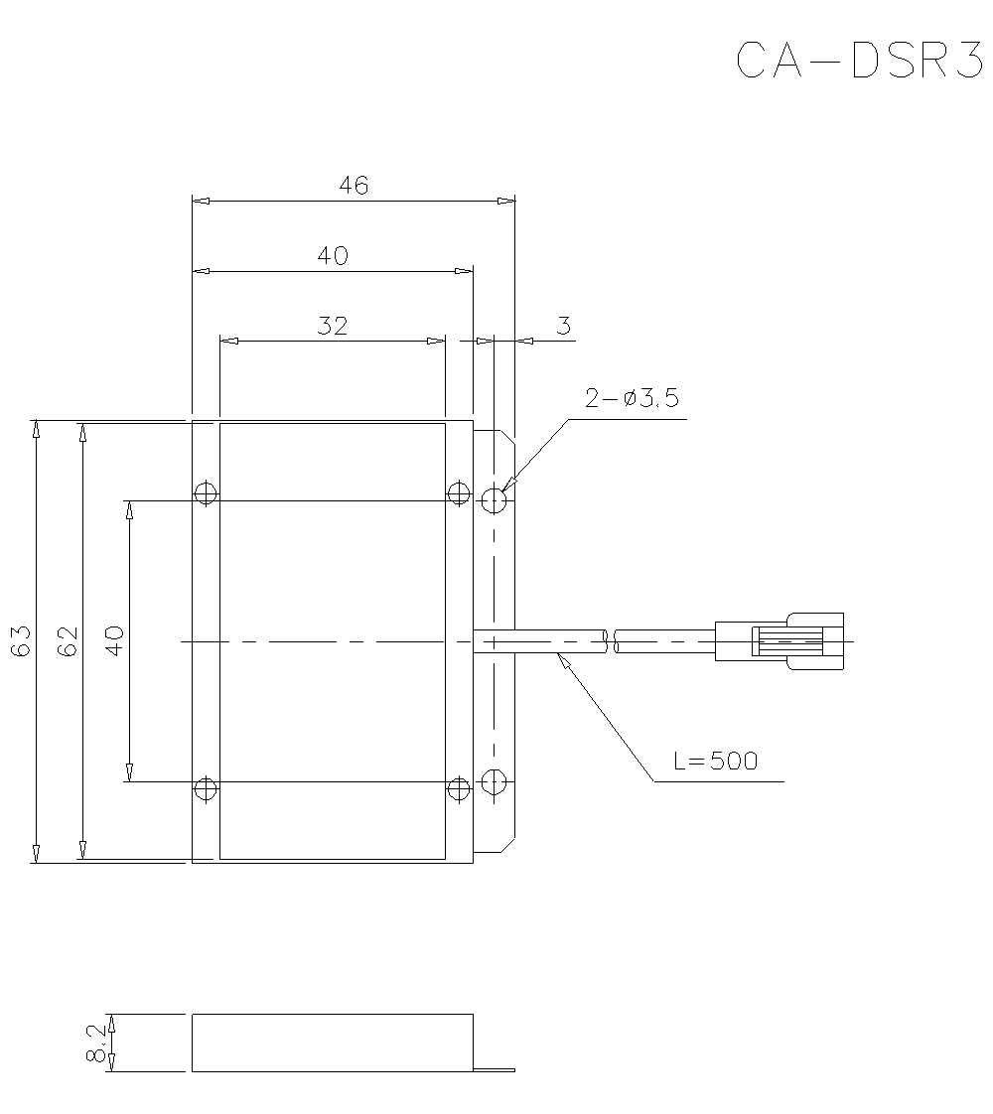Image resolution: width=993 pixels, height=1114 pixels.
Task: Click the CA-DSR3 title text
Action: click(x=858, y=61)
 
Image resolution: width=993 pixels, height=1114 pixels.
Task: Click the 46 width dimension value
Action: click(x=353, y=185)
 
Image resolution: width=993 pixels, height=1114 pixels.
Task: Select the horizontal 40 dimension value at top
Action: click(x=333, y=255)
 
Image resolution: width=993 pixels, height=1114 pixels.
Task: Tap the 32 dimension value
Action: click(x=333, y=326)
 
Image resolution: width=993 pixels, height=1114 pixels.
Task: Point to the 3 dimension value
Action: click(x=563, y=326)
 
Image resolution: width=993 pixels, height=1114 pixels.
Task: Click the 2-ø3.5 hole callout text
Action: click(x=632, y=399)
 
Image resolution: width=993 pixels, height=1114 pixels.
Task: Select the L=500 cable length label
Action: click(x=715, y=762)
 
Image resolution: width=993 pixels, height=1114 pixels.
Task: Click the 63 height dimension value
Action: click(x=21, y=641)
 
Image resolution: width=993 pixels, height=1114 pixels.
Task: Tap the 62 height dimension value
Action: click(x=68, y=641)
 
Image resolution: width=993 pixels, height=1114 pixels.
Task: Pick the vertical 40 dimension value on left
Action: click(x=114, y=640)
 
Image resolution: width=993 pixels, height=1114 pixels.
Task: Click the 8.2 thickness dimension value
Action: click(x=96, y=1044)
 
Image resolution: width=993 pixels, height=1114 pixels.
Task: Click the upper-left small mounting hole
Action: click(x=206, y=492)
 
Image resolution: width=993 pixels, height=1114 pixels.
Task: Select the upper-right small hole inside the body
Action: click(x=458, y=492)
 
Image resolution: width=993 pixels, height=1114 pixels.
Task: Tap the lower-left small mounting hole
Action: click(x=206, y=789)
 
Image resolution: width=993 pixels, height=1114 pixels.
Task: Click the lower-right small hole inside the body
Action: click(x=458, y=789)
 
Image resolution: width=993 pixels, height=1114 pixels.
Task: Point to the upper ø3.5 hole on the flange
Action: click(x=495, y=500)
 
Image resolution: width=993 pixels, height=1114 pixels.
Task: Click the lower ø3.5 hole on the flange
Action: click(x=495, y=781)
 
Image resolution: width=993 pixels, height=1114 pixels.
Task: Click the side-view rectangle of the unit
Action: click(x=332, y=1043)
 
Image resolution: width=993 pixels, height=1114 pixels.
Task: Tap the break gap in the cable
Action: click(x=611, y=641)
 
